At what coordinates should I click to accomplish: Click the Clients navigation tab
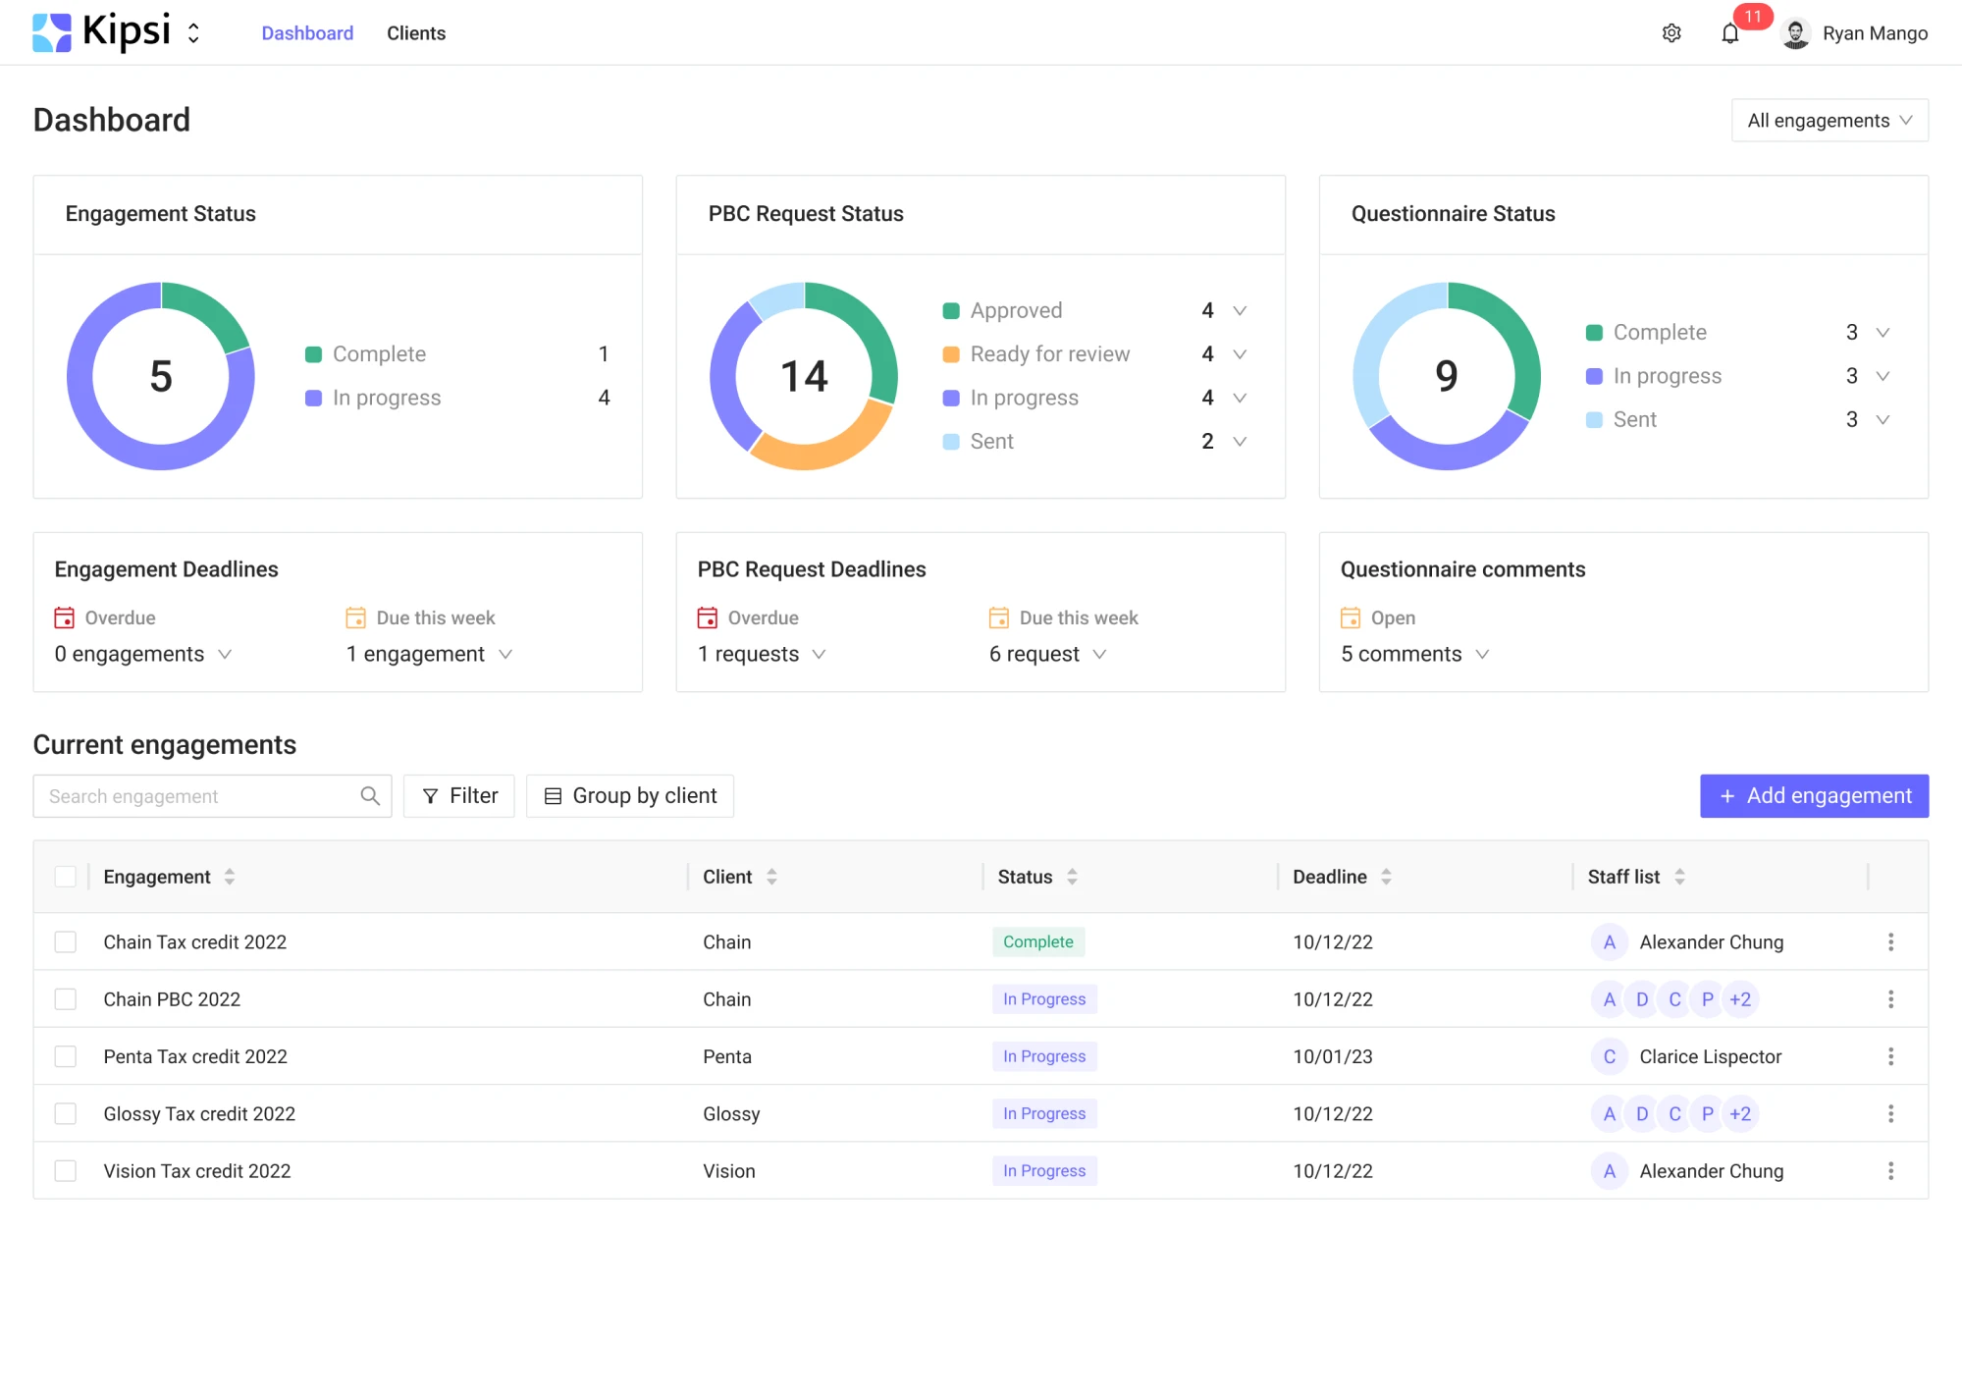416,33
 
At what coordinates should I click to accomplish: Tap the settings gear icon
1671,33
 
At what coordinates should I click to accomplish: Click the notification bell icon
1730,34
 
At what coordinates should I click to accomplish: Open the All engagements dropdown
1829,120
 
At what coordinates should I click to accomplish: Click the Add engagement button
1814,795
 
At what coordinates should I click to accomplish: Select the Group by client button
630,795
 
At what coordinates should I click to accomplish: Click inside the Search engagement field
196,796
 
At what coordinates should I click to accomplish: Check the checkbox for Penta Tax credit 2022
66,1056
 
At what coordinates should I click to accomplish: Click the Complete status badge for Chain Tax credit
1037,941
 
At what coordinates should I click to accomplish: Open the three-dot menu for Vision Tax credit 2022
1890,1170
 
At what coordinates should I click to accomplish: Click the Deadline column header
1329,877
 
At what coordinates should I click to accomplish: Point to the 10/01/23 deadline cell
1332,1056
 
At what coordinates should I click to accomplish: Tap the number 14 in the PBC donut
804,376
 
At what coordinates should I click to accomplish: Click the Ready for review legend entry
1049,353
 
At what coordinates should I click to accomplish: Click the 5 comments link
1401,654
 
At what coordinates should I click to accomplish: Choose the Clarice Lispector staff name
1710,1056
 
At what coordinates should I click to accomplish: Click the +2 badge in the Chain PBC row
1740,999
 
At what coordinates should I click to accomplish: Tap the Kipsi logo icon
52,32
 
